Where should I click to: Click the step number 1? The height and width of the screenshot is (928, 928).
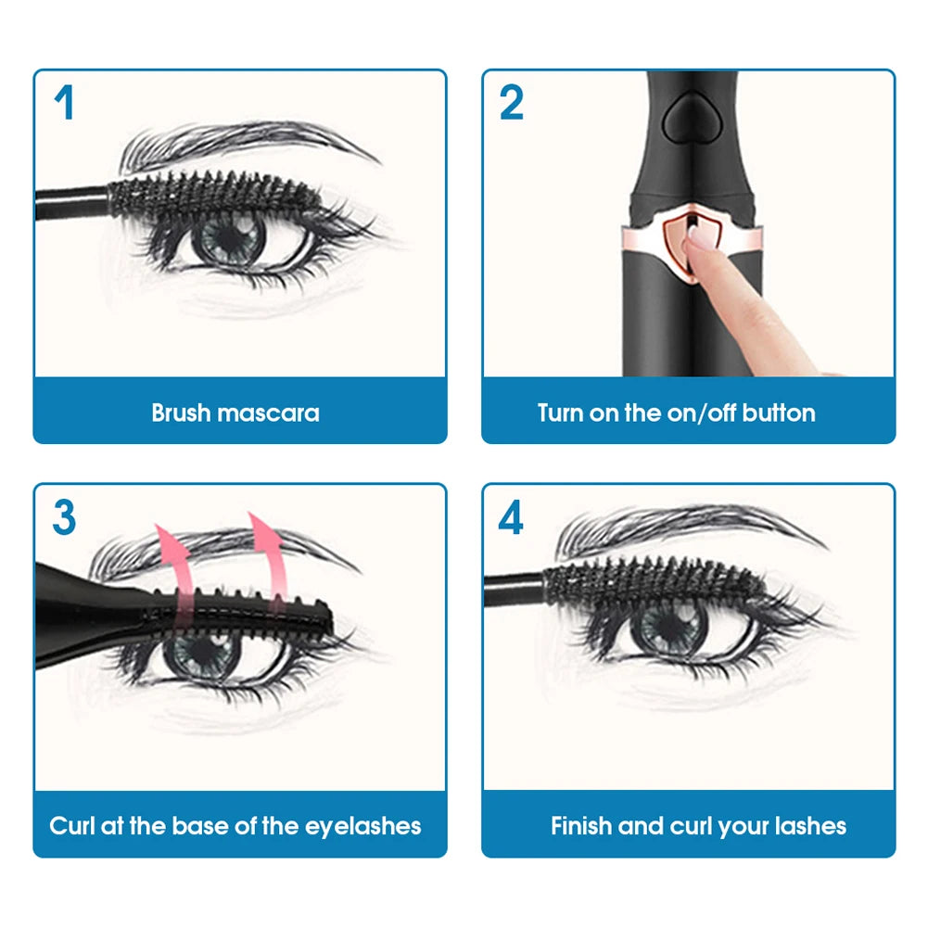[x=63, y=102]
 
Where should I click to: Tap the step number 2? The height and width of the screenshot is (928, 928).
[x=511, y=102]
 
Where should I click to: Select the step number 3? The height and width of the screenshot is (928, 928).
[x=63, y=517]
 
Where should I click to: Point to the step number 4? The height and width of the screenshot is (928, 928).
[x=511, y=517]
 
